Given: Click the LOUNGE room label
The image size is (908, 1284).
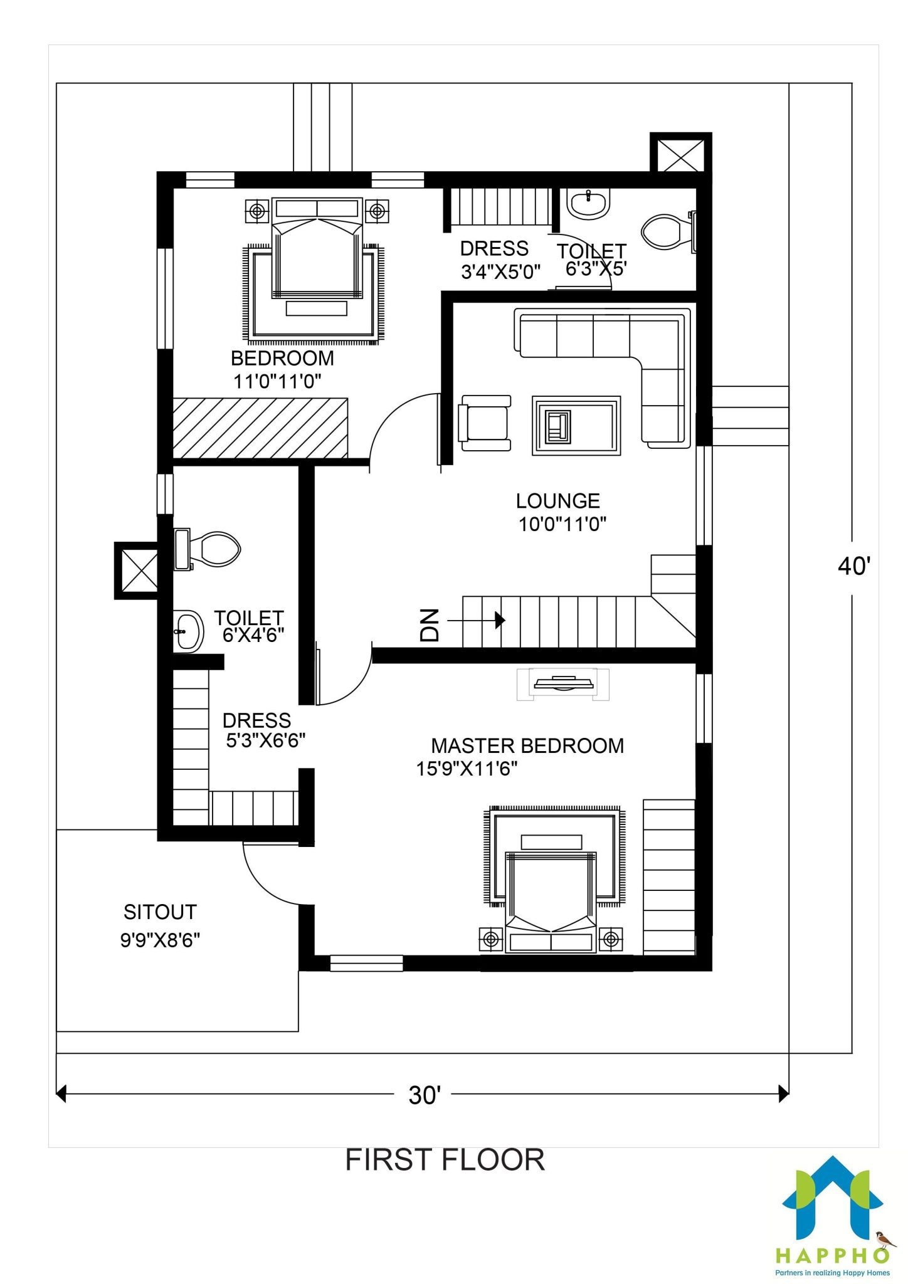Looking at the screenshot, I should pos(557,501).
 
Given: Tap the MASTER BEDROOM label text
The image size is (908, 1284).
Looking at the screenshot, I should pos(527,746).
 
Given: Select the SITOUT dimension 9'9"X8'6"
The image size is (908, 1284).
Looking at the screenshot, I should pos(160,940).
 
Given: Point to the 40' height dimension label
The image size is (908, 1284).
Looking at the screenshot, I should pos(853,567).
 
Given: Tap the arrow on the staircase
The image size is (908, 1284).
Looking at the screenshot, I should pos(499,620).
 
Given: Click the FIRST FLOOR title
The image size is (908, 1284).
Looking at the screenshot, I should pos(445,1178).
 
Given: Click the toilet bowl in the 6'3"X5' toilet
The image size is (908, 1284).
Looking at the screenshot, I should pos(662,231).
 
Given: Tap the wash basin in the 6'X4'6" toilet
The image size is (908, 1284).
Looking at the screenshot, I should pos(187,631).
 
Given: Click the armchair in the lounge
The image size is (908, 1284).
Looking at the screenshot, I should pos(485,423).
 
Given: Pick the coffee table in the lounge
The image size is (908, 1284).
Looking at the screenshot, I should pos(576,425).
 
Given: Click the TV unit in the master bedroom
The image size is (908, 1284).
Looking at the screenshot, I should pos(562,683).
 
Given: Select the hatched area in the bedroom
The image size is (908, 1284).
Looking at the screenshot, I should pos(260,428).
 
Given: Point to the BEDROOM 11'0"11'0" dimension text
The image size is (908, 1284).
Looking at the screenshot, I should pos(277,381).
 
